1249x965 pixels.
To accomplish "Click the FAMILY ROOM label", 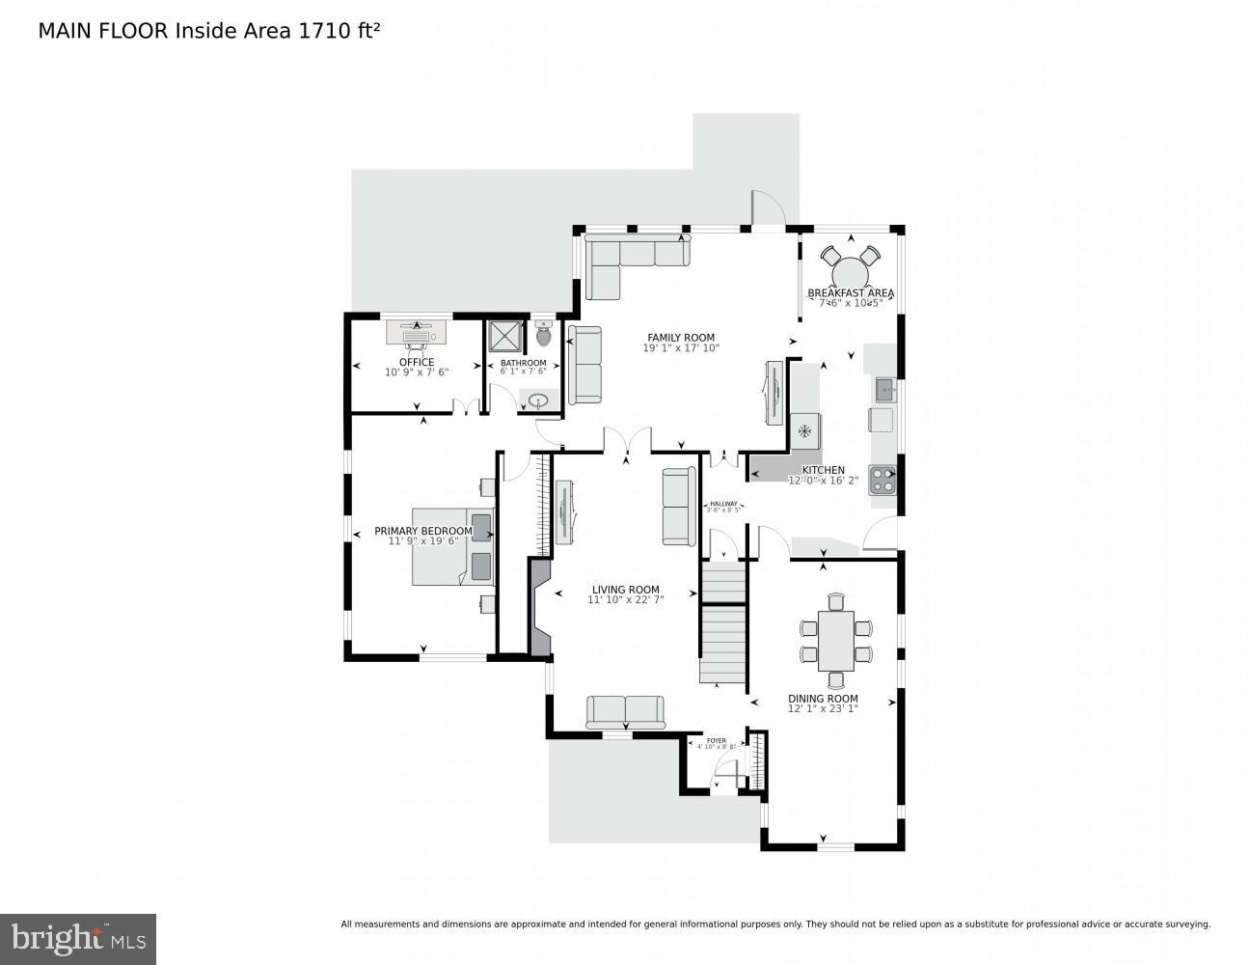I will point(681,338).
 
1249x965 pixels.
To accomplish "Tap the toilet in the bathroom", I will point(543,335).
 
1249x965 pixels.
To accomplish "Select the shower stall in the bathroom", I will point(505,336).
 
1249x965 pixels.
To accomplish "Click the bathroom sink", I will point(538,400).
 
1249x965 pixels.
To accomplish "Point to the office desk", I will point(417,332).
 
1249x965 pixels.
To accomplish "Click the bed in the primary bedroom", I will point(452,546).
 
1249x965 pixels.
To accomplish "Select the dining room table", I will point(835,641).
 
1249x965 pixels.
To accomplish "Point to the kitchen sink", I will point(885,390).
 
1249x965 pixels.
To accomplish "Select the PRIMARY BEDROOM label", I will point(423,531).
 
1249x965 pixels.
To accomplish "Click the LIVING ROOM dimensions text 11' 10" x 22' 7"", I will point(625,600).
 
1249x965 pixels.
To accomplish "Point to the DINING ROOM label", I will point(823,699).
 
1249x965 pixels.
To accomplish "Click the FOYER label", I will point(716,740).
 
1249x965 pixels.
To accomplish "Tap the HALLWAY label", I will point(723,504).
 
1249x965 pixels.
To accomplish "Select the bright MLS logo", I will point(78,939).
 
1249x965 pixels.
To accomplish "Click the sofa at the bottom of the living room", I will point(625,712).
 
